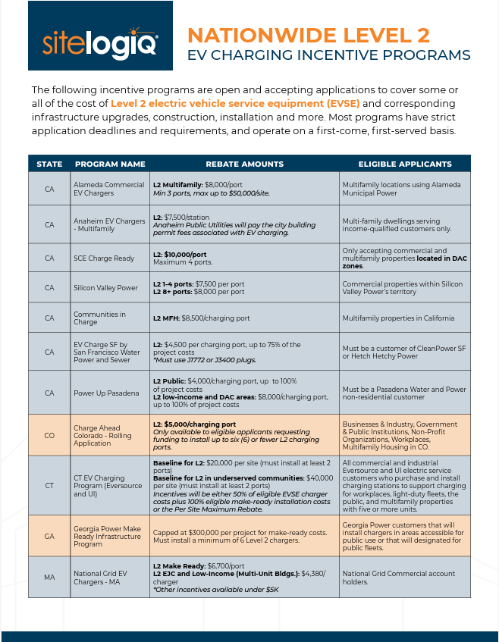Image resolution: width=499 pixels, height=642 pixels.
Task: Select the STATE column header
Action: (49, 164)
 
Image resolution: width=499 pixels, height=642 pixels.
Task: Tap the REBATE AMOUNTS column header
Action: (244, 164)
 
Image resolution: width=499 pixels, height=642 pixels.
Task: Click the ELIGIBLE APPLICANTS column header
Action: (405, 164)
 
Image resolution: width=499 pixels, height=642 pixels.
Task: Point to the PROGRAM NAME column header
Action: (110, 164)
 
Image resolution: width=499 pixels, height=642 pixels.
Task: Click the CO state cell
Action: (49, 435)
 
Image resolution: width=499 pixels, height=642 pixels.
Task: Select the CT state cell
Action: (49, 485)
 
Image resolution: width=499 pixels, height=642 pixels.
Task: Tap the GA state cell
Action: (49, 536)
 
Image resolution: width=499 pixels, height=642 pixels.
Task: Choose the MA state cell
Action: (49, 578)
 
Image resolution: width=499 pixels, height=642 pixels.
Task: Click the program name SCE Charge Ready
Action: (104, 258)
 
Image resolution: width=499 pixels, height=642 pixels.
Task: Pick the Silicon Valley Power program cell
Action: (105, 288)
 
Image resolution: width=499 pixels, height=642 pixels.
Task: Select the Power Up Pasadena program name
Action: (106, 393)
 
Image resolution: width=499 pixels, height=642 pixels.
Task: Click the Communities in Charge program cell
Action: (99, 318)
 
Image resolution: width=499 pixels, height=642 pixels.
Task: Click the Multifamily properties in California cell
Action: (398, 318)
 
